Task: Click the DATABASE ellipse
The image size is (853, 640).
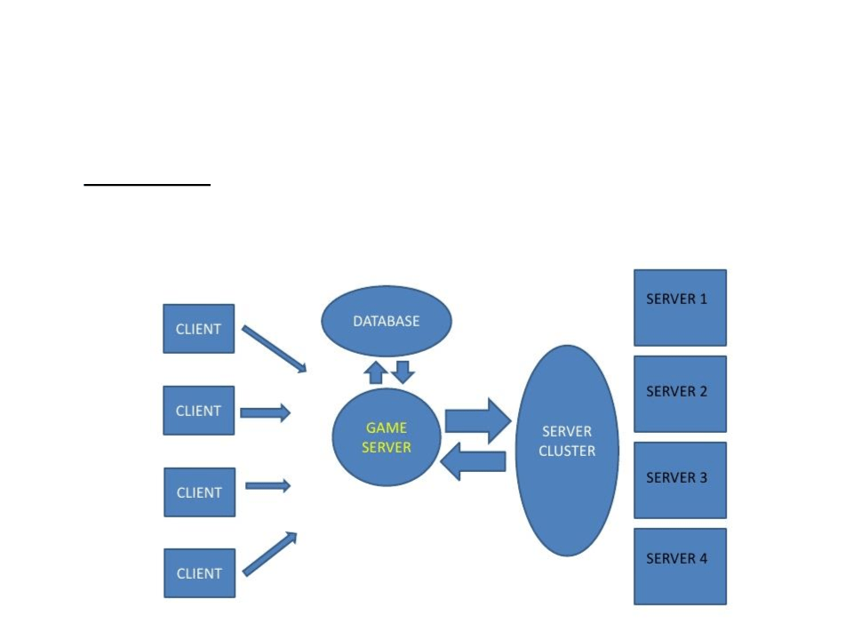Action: point(387,321)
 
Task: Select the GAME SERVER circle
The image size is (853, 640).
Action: point(387,436)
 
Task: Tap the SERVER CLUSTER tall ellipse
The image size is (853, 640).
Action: point(567,450)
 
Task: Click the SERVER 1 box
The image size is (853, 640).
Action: point(680,308)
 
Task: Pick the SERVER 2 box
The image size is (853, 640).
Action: point(680,394)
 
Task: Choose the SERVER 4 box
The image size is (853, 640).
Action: point(680,566)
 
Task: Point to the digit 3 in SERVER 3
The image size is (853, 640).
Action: point(703,477)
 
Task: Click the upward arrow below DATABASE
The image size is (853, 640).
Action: point(377,372)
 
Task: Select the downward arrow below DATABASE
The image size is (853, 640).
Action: point(403,371)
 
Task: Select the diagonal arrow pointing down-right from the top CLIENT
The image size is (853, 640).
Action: point(274,348)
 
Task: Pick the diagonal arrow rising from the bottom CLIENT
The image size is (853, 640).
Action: point(270,554)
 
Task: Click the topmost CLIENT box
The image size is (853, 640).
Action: point(199,329)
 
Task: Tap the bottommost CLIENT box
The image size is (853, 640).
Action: point(199,573)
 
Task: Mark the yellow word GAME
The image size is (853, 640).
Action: point(387,428)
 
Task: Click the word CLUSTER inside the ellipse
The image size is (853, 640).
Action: point(567,451)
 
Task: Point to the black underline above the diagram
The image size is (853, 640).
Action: point(147,185)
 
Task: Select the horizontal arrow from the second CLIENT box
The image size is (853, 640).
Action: point(265,412)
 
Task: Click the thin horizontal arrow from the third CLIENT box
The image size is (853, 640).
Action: point(267,485)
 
